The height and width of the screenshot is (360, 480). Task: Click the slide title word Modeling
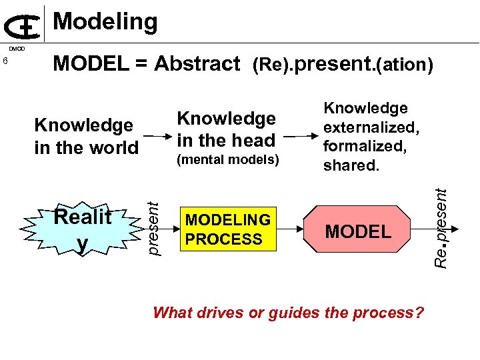tap(105, 22)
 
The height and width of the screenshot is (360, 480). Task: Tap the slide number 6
tap(5, 62)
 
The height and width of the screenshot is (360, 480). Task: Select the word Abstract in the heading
tap(197, 64)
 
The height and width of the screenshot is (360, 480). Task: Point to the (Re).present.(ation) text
tap(343, 65)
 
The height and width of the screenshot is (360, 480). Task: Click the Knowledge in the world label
tap(86, 136)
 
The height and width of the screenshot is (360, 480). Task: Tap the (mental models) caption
tap(227, 159)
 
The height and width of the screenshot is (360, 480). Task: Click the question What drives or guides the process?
tap(288, 312)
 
